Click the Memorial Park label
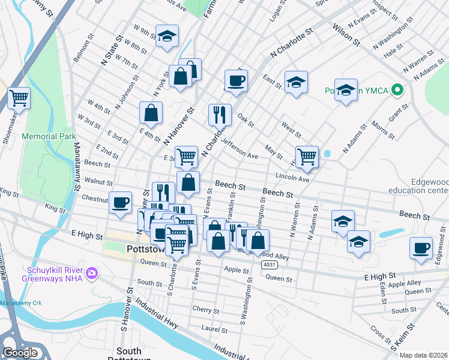coord(44,136)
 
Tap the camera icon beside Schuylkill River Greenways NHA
coord(92,274)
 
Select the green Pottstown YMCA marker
coord(396,91)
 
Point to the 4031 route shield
coord(270,264)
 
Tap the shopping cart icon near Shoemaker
coord(19,97)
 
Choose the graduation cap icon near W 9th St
coord(167,35)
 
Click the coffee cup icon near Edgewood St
coord(421,247)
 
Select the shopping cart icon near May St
coord(307,156)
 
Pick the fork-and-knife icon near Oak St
coord(220,113)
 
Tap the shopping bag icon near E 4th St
coord(151,112)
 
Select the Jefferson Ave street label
coord(239,149)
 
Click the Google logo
coord(20,353)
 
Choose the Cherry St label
coord(206,310)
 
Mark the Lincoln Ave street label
coord(292,179)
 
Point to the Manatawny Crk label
coord(20,304)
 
